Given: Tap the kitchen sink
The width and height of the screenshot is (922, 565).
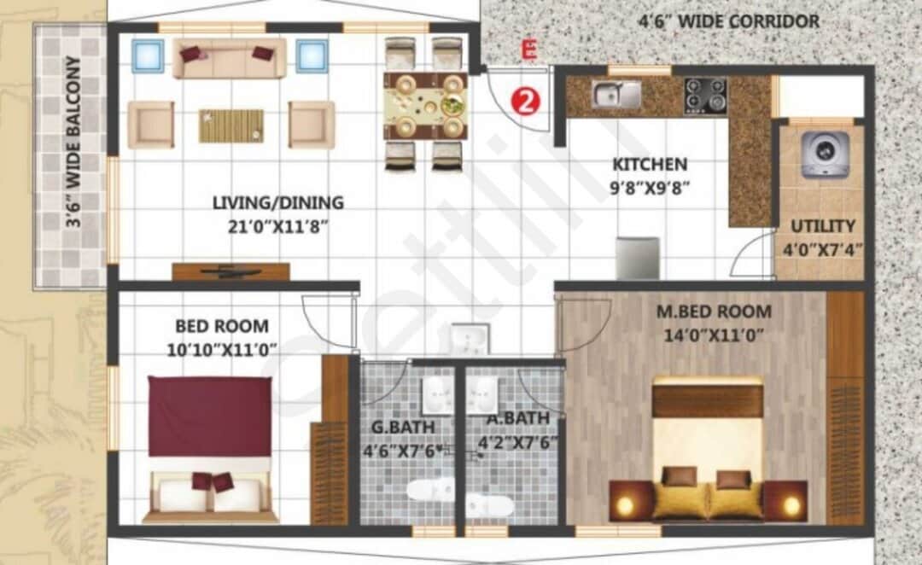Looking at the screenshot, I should (616, 95).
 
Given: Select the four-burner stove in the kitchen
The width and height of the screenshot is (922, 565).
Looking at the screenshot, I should (705, 96).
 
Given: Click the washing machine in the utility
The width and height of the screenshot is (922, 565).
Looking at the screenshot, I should (825, 154).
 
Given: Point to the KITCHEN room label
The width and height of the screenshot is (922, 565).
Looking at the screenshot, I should (650, 164).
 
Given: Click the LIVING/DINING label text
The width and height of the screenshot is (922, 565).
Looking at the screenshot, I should (277, 203).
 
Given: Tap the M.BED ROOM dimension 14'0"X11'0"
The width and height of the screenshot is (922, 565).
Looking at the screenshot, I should (714, 335).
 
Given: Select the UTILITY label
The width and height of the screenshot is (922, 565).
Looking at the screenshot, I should (823, 226).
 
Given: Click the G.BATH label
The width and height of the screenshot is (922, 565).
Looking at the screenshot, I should (403, 426).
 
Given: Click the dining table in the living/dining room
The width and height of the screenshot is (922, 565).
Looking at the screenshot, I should (424, 105).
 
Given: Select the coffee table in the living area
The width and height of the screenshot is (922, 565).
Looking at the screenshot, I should (230, 125).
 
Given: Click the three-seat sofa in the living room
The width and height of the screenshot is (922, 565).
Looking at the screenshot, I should (229, 57).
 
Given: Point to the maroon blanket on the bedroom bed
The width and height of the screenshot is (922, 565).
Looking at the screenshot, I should (210, 416).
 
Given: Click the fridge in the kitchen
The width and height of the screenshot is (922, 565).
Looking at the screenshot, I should (638, 258).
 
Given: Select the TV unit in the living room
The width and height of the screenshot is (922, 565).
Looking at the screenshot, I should (230, 271).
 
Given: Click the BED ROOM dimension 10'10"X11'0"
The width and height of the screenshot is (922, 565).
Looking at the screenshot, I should (222, 349).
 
